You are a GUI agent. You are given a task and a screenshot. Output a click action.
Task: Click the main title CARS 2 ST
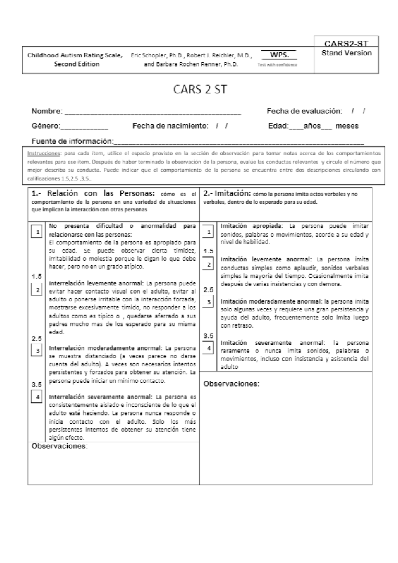point(200,90)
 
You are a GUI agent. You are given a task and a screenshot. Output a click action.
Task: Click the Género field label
point(46,126)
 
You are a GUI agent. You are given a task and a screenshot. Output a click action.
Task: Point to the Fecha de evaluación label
point(304,111)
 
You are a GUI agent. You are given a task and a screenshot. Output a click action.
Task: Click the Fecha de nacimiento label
point(170,126)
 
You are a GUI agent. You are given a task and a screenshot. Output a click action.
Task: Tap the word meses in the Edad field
point(347,126)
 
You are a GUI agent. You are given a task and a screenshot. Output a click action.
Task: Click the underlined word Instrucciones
point(43,154)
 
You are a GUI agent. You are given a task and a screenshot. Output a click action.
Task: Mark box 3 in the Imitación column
point(209,302)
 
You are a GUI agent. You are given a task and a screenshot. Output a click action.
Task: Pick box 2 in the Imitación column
point(209,265)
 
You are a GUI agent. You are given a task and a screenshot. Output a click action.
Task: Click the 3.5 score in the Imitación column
point(208,336)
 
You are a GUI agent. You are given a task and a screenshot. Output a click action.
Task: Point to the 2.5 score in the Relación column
point(37,339)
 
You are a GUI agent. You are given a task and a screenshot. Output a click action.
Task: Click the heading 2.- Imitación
point(227,193)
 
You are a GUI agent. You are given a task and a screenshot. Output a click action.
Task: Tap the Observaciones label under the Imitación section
point(231,384)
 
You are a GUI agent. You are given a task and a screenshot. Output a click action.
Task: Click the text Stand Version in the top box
point(347,53)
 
